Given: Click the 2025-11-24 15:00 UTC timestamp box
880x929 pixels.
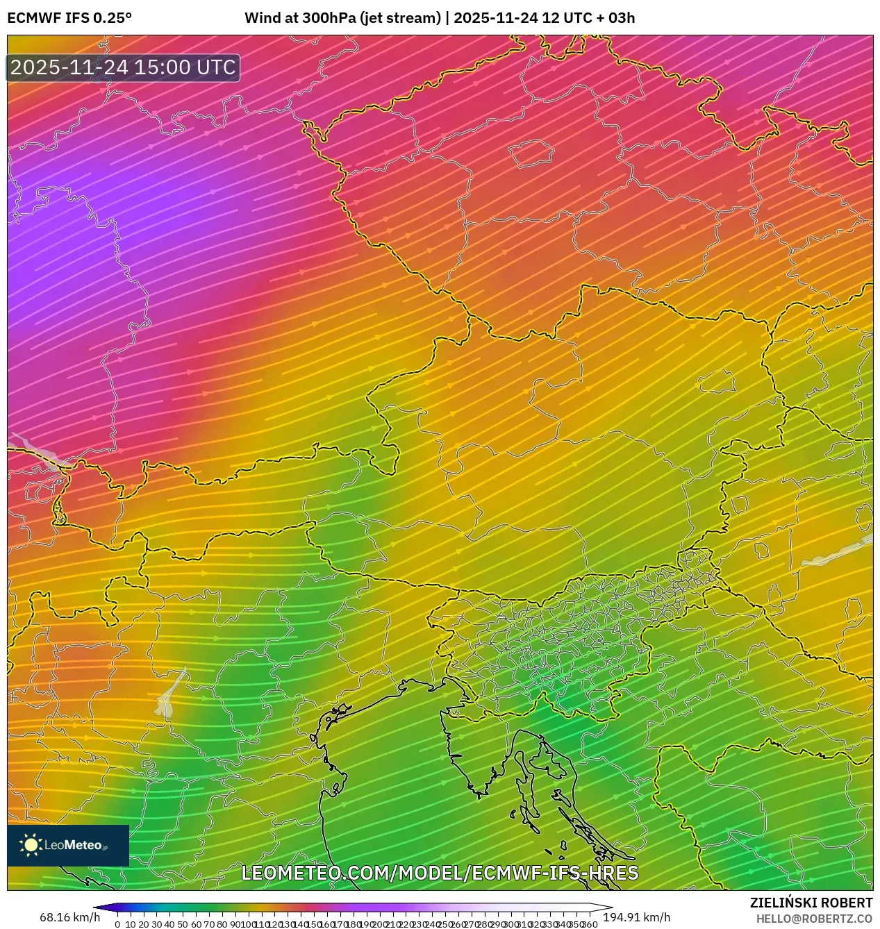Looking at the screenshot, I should tap(124, 67).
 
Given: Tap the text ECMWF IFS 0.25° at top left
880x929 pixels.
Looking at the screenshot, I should tap(69, 17).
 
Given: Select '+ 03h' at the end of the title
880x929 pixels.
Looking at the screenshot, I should tap(611, 17).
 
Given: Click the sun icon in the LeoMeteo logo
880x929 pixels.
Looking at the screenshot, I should tap(31, 845).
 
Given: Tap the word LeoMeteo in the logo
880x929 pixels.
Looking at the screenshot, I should tap(74, 845).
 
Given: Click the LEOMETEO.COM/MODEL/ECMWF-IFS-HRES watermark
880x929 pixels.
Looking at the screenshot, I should tap(439, 873).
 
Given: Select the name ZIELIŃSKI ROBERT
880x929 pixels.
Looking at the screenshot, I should tap(811, 903).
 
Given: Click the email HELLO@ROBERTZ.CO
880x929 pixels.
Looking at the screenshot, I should tap(814, 919).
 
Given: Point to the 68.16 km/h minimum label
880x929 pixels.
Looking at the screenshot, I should tap(69, 917).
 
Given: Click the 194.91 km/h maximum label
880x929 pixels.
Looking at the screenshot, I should tap(636, 917).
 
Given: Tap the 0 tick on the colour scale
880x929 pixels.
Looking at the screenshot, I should tap(117, 924).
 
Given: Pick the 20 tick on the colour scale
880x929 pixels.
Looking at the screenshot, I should tap(144, 924).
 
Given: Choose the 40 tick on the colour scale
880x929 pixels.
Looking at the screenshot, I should tap(169, 924).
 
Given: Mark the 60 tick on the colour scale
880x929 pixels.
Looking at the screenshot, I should tap(196, 924).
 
